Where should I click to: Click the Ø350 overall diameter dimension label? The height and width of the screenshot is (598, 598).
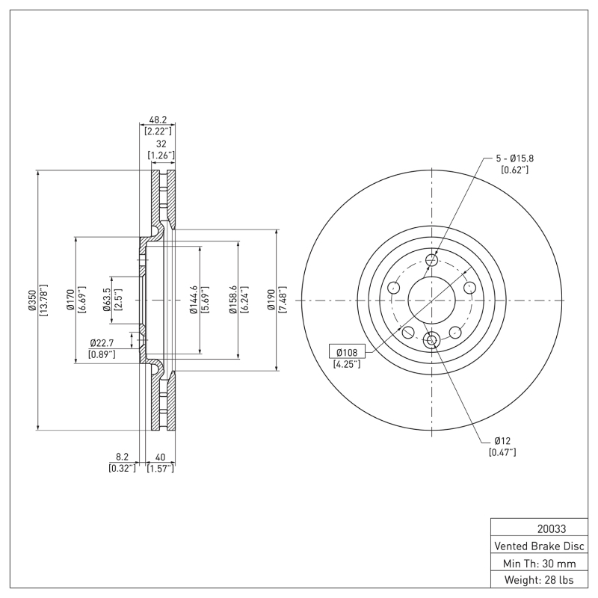pyautogui.click(x=31, y=300)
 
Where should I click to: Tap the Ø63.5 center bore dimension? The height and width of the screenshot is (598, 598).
pyautogui.click(x=106, y=300)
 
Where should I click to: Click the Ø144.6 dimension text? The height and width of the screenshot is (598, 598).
pyautogui.click(x=194, y=300)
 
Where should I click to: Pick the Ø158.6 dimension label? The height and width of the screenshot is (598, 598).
pyautogui.click(x=232, y=300)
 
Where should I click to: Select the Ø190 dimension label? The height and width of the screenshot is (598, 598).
pyautogui.click(x=272, y=300)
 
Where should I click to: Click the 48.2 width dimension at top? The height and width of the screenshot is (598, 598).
pyautogui.click(x=158, y=120)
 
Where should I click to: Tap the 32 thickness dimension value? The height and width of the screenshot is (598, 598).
pyautogui.click(x=160, y=145)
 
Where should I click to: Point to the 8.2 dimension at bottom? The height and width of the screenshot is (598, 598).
pyautogui.click(x=121, y=457)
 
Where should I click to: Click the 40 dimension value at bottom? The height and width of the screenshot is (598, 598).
pyautogui.click(x=160, y=457)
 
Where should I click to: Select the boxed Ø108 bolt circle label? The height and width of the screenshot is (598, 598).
pyautogui.click(x=347, y=352)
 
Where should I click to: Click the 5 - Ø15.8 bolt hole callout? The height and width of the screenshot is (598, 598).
pyautogui.click(x=514, y=158)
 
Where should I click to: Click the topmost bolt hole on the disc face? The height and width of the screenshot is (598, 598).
pyautogui.click(x=431, y=260)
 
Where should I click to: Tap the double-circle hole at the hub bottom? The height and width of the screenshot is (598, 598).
pyautogui.click(x=431, y=341)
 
